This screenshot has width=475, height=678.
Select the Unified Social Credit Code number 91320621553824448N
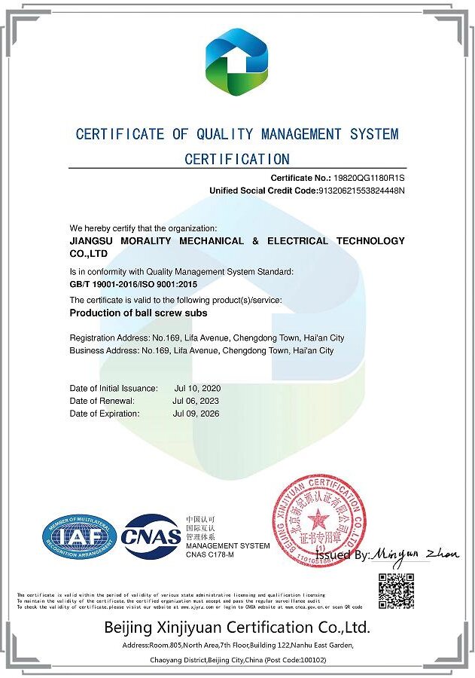[362, 191]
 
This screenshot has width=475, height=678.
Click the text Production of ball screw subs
[138, 313]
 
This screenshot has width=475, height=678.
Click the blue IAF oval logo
[80, 536]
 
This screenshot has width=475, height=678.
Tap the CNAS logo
[151, 536]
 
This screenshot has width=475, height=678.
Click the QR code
[395, 591]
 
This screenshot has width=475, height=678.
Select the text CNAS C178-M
[210, 554]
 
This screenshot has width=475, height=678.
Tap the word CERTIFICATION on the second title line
[237, 159]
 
